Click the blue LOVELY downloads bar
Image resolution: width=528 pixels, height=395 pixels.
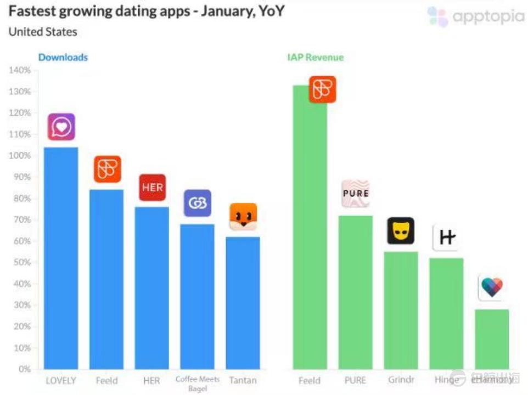click(61, 258)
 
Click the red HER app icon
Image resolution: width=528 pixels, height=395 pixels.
click(152, 188)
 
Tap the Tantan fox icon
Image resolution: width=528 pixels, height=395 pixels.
click(243, 217)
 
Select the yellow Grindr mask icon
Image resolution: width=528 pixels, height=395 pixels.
click(401, 231)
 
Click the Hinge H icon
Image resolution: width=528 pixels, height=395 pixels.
click(446, 238)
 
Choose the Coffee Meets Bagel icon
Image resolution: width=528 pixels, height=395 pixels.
click(198, 203)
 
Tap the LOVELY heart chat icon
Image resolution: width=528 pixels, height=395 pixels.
click(61, 127)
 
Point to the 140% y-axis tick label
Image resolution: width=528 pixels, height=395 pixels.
click(19, 70)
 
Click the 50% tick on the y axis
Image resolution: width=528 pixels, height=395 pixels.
click(22, 262)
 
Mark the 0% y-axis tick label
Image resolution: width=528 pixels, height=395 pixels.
click(24, 369)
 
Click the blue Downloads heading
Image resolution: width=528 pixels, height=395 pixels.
click(63, 57)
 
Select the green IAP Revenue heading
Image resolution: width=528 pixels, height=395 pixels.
click(315, 57)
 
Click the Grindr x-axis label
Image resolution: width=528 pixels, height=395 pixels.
click(401, 380)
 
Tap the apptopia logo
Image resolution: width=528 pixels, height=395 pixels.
click(475, 17)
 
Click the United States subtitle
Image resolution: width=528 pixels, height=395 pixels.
click(43, 32)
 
